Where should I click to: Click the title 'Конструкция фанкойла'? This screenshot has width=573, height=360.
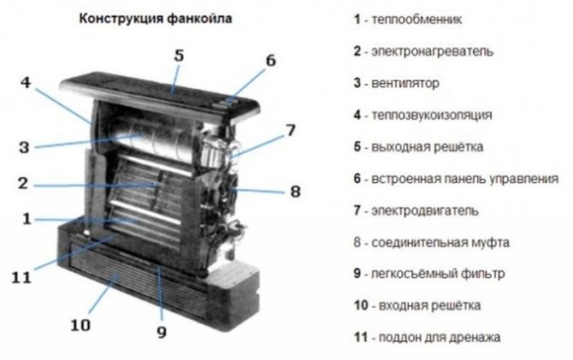point(156,18)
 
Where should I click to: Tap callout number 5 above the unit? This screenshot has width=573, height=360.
point(179,56)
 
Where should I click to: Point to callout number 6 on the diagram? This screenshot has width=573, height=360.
point(270,61)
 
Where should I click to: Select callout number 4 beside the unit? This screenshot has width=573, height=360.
point(26,82)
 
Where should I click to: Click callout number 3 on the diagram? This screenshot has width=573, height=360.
point(24,147)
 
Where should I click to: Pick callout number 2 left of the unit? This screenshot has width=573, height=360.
point(23,183)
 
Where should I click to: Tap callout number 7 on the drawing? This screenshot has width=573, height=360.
point(291,130)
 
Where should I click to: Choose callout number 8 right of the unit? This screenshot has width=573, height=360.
point(295,192)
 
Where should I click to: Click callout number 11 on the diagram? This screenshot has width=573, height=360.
point(21,278)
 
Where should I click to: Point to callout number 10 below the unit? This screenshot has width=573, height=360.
point(80,325)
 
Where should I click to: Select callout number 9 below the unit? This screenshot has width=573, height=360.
point(162,332)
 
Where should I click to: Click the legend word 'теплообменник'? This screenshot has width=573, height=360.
point(416,19)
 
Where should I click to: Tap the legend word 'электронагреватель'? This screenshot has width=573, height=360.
point(432,51)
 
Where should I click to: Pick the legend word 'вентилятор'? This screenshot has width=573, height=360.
point(405,83)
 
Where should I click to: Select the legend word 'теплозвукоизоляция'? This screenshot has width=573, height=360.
point(432,115)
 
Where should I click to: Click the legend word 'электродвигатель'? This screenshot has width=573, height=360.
point(425,211)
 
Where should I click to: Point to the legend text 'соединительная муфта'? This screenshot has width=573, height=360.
point(440,242)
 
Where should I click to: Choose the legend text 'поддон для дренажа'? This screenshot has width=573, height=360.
point(440,337)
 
